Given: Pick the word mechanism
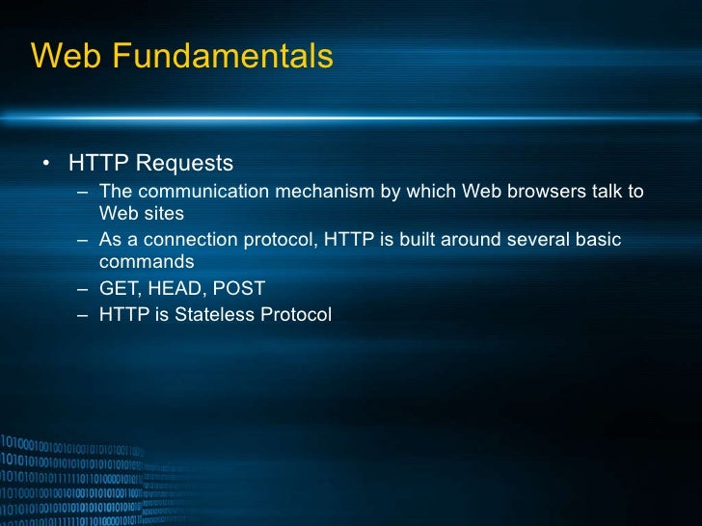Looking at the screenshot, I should coord(325,191).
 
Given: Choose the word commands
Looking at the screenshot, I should coord(146,262).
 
